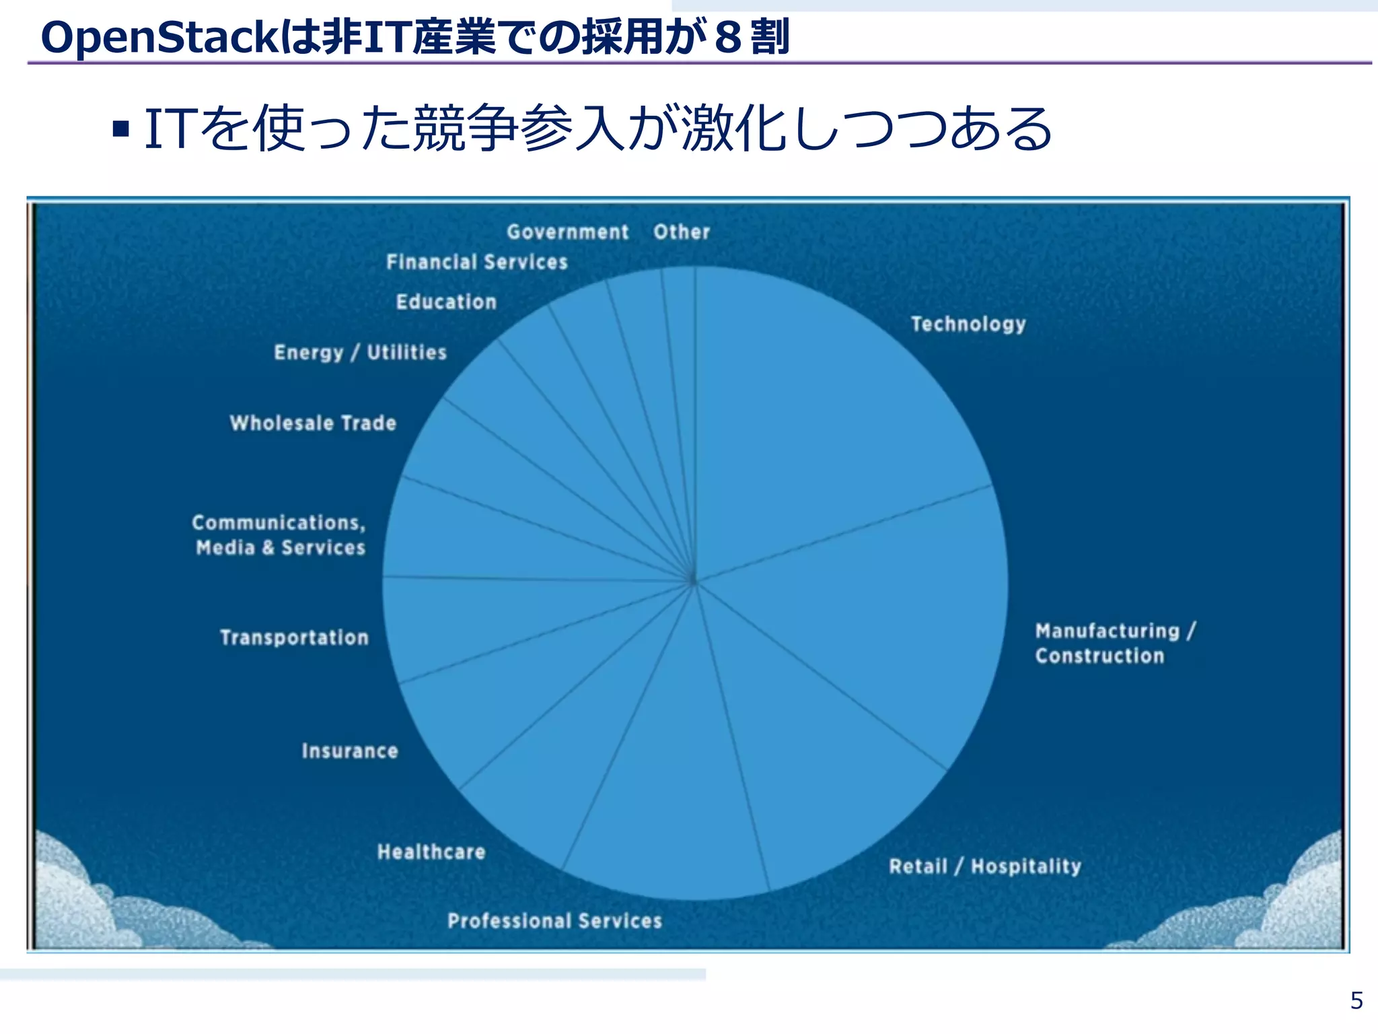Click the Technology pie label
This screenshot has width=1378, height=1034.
point(968,324)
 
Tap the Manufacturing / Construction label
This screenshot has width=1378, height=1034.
point(1114,644)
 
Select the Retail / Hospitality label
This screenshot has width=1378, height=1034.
point(985,866)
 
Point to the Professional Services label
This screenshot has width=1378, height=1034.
point(555,921)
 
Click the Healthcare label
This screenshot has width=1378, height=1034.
point(431,852)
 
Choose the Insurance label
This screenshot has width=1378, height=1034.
point(350,751)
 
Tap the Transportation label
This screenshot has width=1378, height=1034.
point(295,637)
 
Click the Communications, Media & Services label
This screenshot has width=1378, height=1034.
point(279,535)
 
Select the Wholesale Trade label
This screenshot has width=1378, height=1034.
point(314,423)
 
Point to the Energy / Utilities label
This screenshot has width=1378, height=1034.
point(361,352)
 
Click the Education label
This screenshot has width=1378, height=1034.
point(447,302)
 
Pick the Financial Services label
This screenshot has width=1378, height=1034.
point(477,262)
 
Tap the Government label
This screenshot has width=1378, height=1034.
point(568,232)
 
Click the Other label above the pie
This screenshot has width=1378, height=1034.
point(682,232)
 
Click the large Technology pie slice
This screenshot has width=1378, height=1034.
point(821,417)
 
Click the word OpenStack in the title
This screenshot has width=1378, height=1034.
point(159,38)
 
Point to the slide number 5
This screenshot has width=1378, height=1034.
point(1356,1001)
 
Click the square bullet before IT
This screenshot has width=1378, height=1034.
point(121,129)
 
